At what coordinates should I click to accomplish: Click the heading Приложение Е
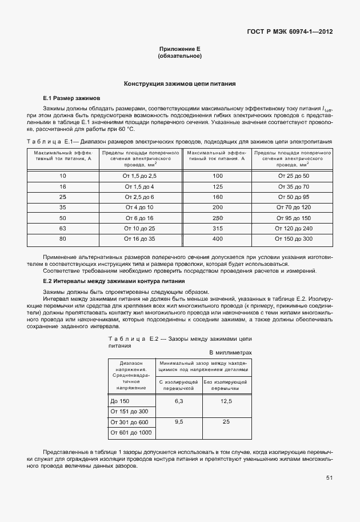pyautogui.click(x=179, y=50)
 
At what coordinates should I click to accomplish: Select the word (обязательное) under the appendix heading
pyautogui.click(x=179, y=57)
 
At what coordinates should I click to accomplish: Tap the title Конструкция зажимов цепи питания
pyautogui.click(x=180, y=84)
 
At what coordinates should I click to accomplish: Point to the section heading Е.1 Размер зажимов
pyautogui.click(x=71, y=98)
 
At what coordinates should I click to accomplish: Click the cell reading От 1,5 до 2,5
pyautogui.click(x=139, y=176)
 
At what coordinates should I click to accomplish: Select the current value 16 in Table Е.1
pyautogui.click(x=63, y=186)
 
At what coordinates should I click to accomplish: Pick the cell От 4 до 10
pyautogui.click(x=139, y=207)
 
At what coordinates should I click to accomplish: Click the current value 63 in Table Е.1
pyautogui.click(x=63, y=228)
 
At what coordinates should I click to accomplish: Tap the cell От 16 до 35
pyautogui.click(x=139, y=238)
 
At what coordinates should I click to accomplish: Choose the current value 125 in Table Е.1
pyautogui.click(x=217, y=186)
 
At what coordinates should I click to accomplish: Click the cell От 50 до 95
pyautogui.click(x=293, y=197)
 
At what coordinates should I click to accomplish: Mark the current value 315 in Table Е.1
pyautogui.click(x=217, y=228)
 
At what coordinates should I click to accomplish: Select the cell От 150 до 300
pyautogui.click(x=293, y=238)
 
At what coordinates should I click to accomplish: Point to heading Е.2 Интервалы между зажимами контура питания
pyautogui.click(x=114, y=281)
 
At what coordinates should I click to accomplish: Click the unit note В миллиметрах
pyautogui.click(x=230, y=353)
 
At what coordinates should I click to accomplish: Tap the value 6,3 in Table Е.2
pyautogui.click(x=178, y=401)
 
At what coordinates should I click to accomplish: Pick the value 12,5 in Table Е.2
pyautogui.click(x=226, y=401)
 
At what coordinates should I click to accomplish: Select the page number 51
pyautogui.click(x=329, y=477)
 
